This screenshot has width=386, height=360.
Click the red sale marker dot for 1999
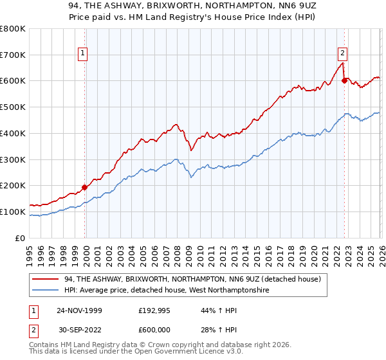coord(85,188)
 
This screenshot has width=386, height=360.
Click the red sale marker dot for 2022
coord(345,80)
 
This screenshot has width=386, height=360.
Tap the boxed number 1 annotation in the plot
coord(83,53)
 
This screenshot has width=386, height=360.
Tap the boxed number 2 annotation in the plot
coord(342,53)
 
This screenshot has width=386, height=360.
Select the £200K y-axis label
coord(13,186)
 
